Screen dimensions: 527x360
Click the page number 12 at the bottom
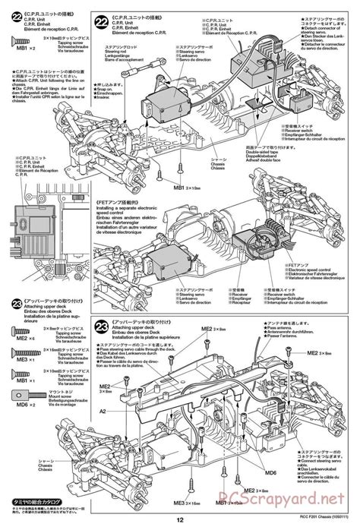180,519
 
